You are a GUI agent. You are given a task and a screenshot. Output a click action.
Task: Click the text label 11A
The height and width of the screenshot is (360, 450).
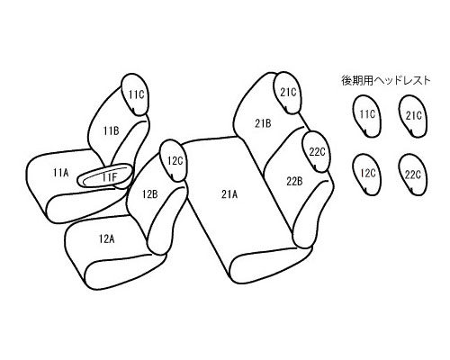pos(61,173)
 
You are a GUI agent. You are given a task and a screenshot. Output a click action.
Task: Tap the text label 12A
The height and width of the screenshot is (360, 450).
pos(106,239)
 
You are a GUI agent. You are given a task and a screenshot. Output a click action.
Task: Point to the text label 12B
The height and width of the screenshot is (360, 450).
pos(149,194)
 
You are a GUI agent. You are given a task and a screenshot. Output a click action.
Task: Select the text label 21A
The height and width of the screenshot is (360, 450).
pos(229,194)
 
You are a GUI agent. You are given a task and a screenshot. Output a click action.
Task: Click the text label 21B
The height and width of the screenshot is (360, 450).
pos(263,123)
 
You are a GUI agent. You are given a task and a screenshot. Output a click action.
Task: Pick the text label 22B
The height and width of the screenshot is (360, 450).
pos(294,182)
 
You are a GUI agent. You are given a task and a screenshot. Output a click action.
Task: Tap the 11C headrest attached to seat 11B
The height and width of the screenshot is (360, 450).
pos(136,94)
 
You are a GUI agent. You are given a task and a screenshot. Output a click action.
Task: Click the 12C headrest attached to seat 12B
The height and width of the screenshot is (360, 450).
pos(174,161)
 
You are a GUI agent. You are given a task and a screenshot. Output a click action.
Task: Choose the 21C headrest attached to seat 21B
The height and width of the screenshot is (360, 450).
pos(287,93)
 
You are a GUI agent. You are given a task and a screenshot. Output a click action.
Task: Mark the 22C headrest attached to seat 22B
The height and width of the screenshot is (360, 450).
pos(317,152)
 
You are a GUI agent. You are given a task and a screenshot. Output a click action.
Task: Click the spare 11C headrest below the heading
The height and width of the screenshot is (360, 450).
pos(366,116)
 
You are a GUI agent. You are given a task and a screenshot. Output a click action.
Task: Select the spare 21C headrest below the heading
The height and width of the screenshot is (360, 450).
pos(413,116)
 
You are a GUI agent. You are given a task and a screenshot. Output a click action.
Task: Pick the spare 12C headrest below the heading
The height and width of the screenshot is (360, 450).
pos(367,175)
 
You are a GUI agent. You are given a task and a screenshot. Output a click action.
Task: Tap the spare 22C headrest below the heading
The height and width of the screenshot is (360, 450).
pos(413,175)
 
